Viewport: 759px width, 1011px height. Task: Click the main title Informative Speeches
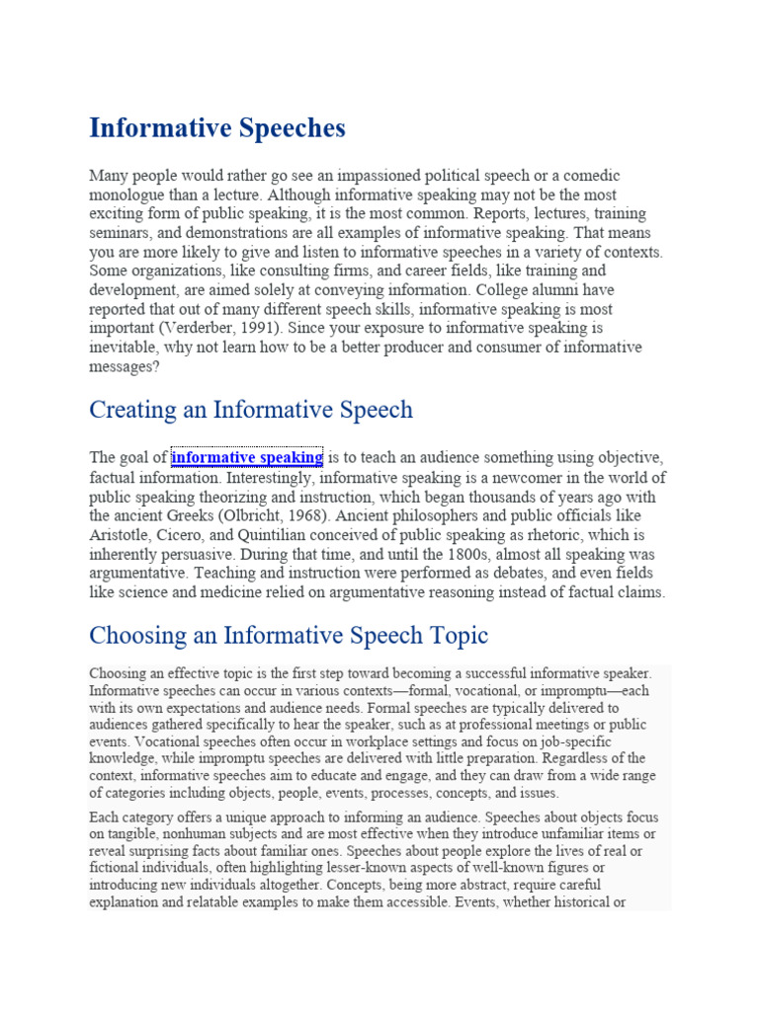tap(217, 127)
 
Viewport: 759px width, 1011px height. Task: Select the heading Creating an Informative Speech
tap(251, 409)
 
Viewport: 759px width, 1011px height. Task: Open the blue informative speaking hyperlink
tap(247, 457)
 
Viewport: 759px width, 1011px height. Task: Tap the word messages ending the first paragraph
tap(122, 366)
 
